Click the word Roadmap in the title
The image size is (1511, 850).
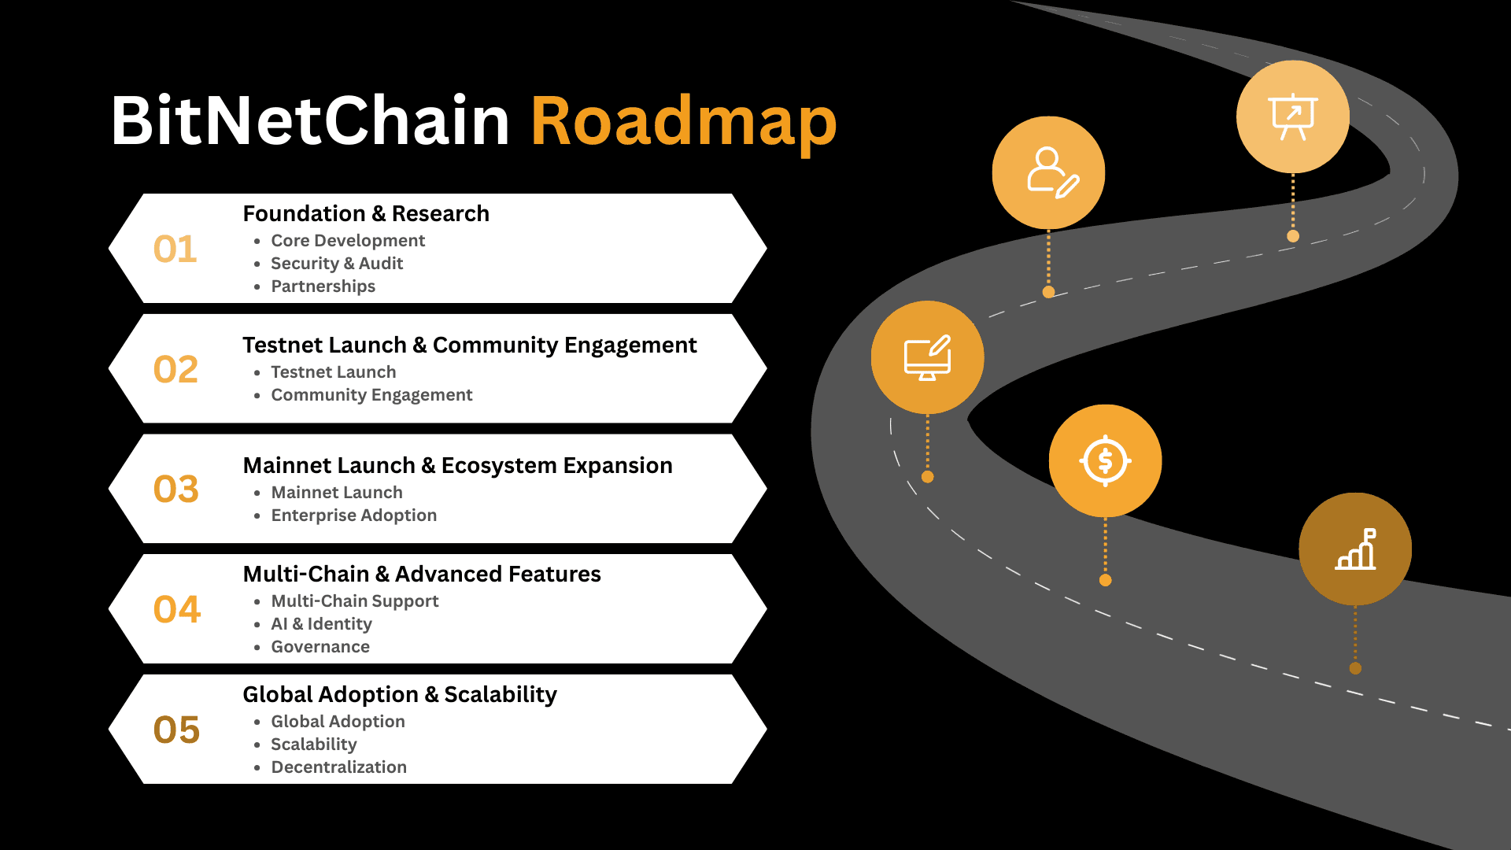click(683, 122)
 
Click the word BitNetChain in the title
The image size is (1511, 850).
click(310, 122)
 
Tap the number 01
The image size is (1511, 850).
click(175, 249)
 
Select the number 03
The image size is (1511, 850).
click(175, 489)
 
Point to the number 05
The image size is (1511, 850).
click(176, 730)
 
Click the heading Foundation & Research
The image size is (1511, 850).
click(366, 214)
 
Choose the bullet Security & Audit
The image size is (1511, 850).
click(337, 264)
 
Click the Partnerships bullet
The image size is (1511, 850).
click(323, 286)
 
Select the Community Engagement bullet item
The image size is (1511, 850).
click(371, 395)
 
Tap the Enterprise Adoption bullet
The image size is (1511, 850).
click(353, 516)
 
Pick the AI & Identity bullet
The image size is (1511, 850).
click(321, 624)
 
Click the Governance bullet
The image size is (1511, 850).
click(320, 647)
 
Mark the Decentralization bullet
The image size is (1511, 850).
click(338, 767)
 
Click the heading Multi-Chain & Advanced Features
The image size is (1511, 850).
click(422, 575)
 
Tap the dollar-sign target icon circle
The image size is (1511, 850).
click(1105, 461)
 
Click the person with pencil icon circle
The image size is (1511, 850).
click(1048, 172)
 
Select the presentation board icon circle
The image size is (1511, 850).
click(1292, 116)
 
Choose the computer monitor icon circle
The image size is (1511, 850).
click(927, 357)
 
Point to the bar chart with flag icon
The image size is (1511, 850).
click(1355, 549)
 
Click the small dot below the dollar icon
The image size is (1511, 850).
click(1105, 581)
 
